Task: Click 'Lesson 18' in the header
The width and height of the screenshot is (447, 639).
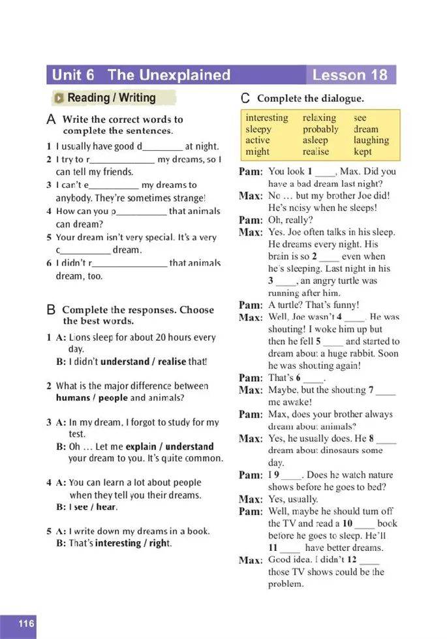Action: pyautogui.click(x=350, y=74)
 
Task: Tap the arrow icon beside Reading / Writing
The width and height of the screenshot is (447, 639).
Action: pyautogui.click(x=59, y=99)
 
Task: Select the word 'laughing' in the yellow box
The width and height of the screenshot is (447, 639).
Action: pyautogui.click(x=371, y=140)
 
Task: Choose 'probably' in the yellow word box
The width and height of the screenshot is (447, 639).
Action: pyautogui.click(x=320, y=129)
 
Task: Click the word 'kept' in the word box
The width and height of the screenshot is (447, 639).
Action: pyautogui.click(x=363, y=151)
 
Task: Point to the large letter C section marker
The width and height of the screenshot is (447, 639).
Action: pyautogui.click(x=245, y=99)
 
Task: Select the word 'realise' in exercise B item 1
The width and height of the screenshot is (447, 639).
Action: pyautogui.click(x=170, y=361)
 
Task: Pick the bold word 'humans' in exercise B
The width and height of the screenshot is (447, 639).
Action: pyautogui.click(x=73, y=397)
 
